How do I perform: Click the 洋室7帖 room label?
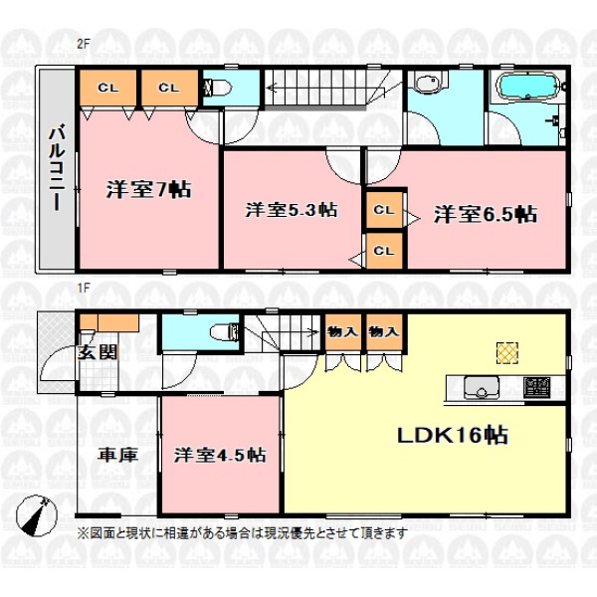(x=148, y=189)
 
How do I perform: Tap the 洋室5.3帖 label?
(x=292, y=210)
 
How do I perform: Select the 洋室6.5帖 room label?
(x=486, y=214)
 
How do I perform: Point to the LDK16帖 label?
(x=453, y=435)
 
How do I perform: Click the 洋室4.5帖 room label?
(x=220, y=455)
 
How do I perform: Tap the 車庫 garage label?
(x=117, y=455)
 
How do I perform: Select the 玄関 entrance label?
(x=98, y=352)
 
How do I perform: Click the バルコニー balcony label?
(x=57, y=169)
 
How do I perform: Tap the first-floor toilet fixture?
(x=225, y=332)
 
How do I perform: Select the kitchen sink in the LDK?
(x=482, y=387)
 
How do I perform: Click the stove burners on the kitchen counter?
(x=536, y=387)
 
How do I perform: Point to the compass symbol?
(x=36, y=515)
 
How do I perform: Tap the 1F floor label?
(x=84, y=289)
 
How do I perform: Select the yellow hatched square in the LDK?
(x=507, y=352)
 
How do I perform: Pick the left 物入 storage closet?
(x=343, y=332)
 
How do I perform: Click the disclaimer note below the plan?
(x=242, y=533)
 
